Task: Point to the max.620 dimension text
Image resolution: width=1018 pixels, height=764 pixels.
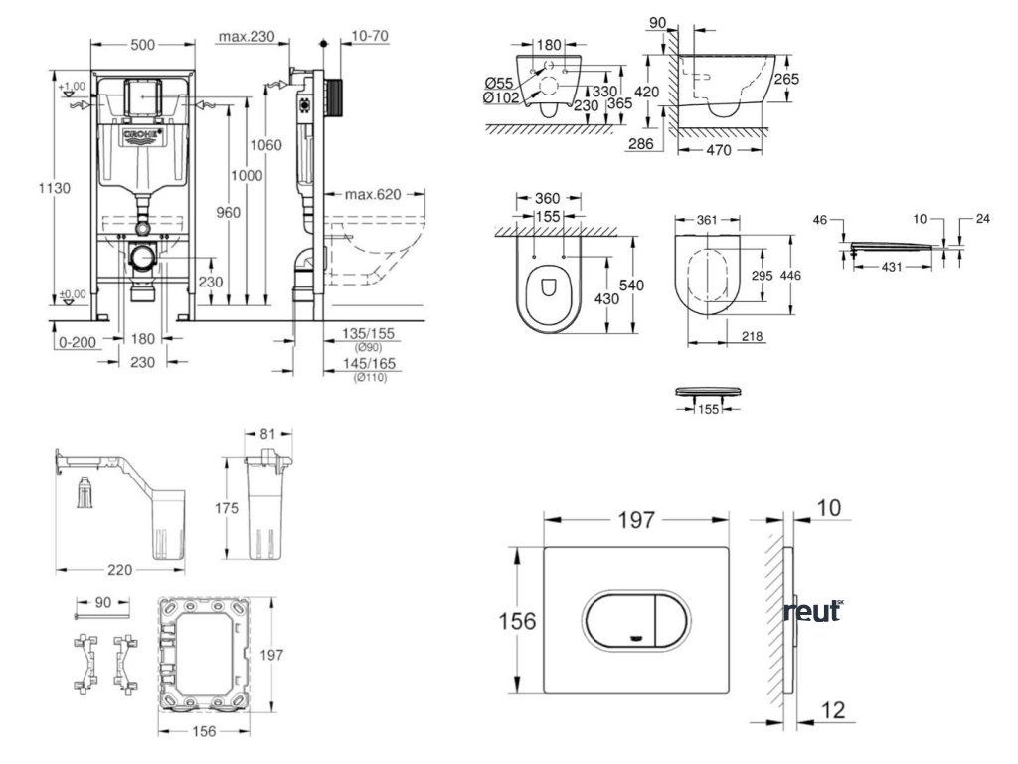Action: click(372, 194)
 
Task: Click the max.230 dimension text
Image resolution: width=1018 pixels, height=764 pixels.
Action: click(246, 37)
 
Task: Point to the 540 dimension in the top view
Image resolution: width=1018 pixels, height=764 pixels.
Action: click(633, 285)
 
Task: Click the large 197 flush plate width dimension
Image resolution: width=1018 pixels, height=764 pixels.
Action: click(636, 520)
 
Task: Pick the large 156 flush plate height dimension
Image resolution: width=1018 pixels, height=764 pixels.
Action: click(517, 621)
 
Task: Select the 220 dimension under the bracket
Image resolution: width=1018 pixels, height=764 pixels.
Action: click(119, 571)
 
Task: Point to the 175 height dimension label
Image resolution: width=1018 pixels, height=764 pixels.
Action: click(227, 508)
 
